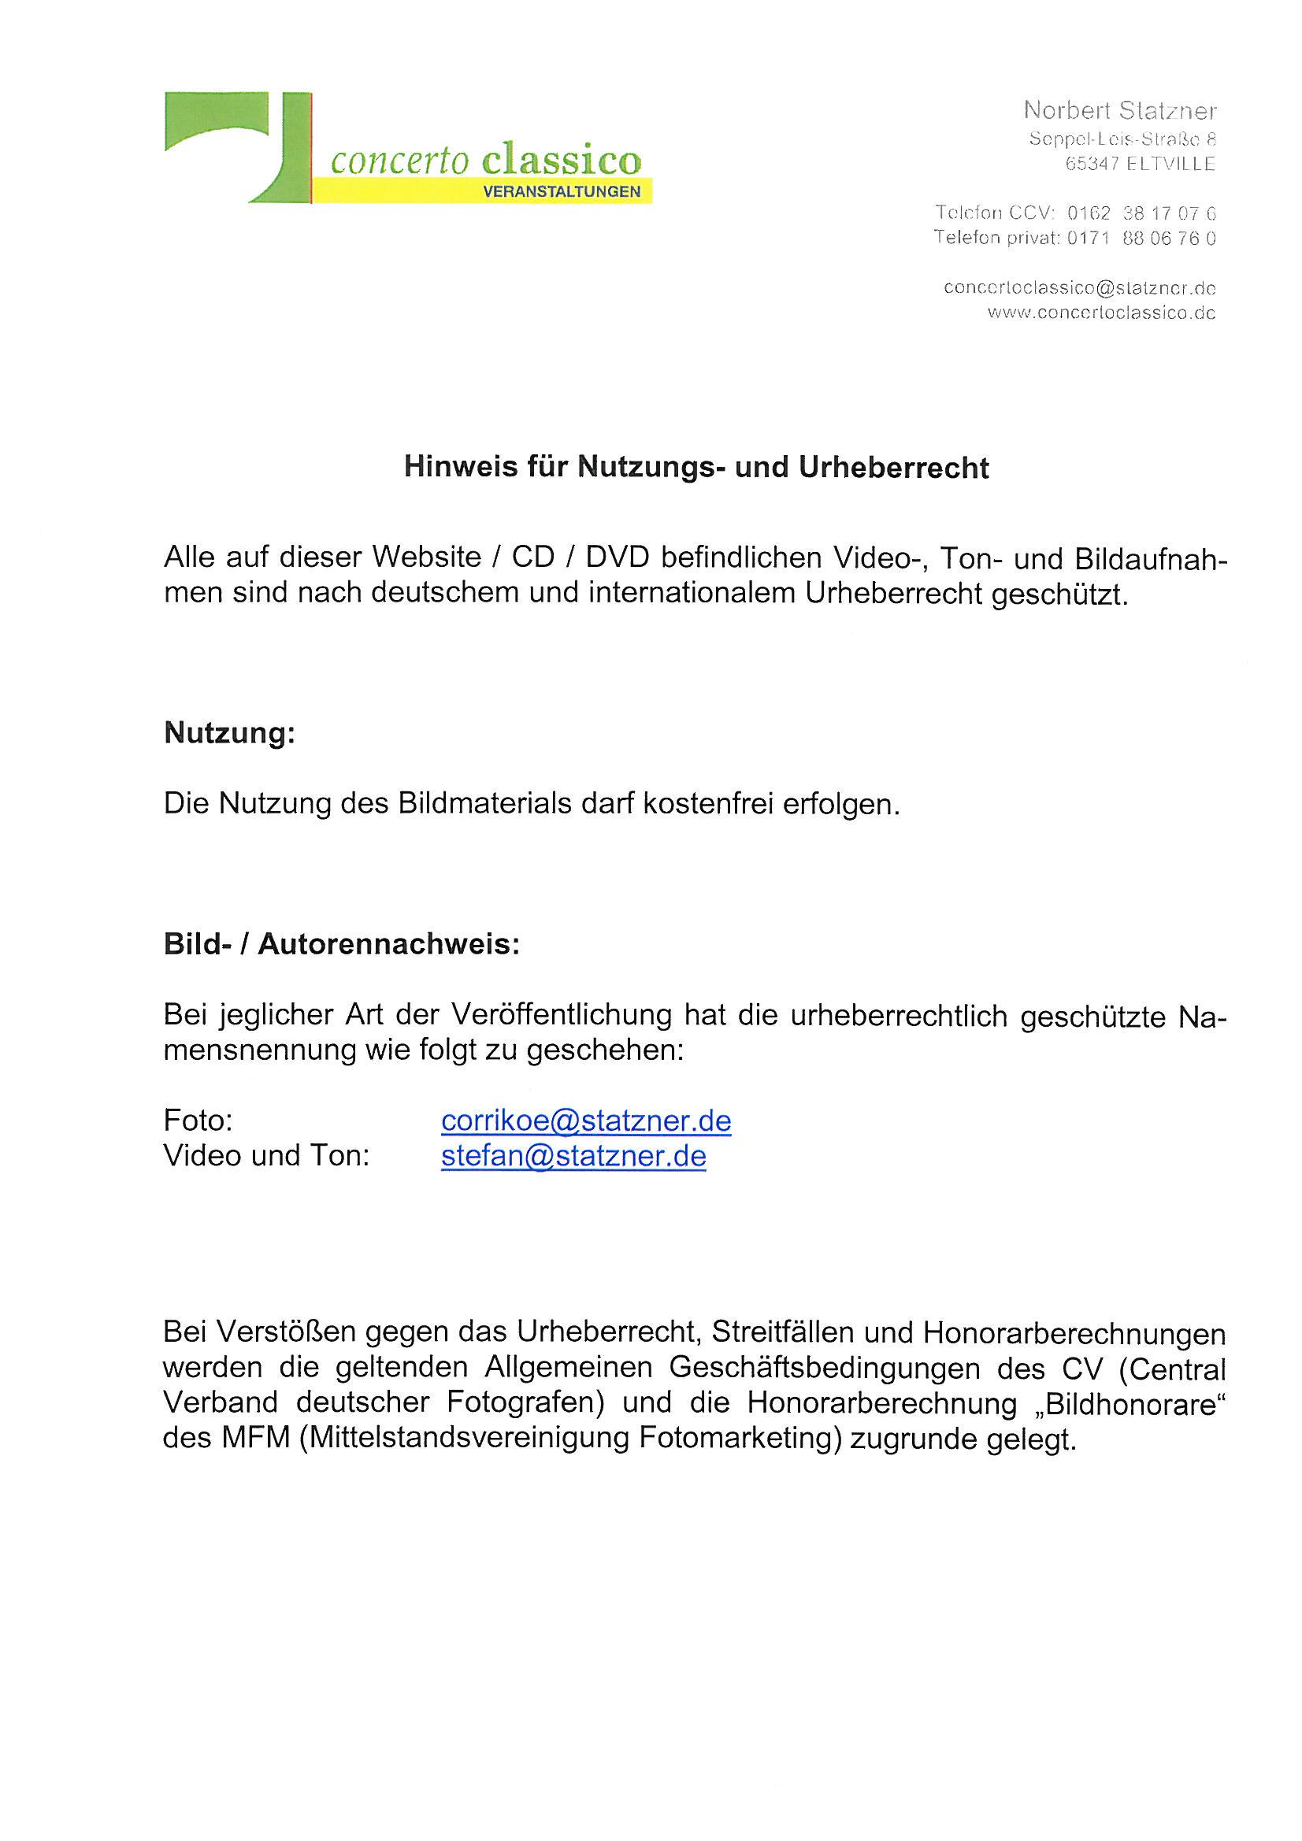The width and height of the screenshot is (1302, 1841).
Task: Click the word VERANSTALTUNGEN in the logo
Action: (562, 191)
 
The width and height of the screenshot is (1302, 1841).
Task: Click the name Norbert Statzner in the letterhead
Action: (1120, 110)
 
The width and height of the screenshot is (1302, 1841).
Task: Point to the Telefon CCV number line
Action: (1075, 213)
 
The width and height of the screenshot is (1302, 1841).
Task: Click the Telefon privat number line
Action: (1074, 237)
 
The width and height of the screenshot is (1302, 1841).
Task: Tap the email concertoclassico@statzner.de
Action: (1079, 288)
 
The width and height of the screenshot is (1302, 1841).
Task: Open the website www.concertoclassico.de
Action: (1100, 313)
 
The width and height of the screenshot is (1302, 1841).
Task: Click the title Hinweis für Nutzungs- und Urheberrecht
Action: (696, 468)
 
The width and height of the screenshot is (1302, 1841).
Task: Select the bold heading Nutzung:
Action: (229, 733)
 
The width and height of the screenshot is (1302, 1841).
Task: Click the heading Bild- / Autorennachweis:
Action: (342, 945)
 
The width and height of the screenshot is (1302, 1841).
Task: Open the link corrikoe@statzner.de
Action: (585, 1121)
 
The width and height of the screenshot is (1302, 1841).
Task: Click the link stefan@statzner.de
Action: (573, 1155)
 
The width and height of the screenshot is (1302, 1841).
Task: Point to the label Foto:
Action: (198, 1121)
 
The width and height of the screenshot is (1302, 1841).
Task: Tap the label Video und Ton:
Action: (266, 1155)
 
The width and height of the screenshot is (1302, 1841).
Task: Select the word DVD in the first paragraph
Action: (615, 557)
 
